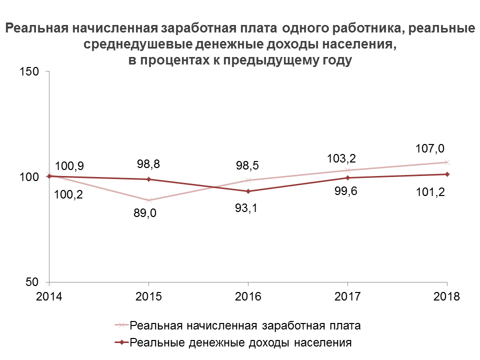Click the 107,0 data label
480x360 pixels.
click(430, 148)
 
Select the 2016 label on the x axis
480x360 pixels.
click(248, 296)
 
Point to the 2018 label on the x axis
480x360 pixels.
click(446, 296)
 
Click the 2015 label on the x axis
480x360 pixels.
click(148, 296)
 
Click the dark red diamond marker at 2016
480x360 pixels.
click(248, 191)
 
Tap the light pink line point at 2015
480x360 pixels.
click(148, 200)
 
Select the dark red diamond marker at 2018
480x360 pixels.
click(447, 174)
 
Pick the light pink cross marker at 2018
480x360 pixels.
click(447, 162)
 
